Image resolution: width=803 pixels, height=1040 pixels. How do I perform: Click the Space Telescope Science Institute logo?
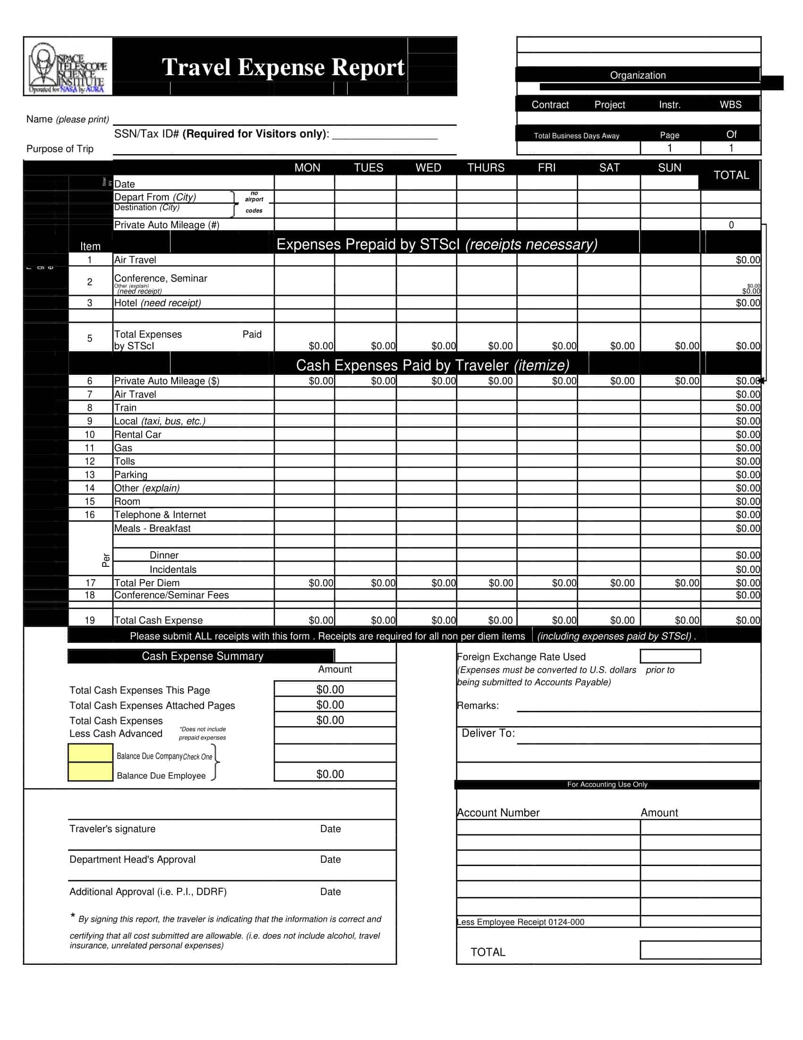(x=68, y=67)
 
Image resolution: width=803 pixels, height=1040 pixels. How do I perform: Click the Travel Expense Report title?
(x=283, y=67)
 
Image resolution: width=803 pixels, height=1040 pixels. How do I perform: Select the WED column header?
(x=428, y=168)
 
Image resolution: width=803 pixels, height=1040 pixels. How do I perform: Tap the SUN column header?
(x=669, y=168)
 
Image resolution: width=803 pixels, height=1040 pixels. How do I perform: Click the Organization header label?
(x=638, y=75)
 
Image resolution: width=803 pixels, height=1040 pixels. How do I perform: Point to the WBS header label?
(x=730, y=105)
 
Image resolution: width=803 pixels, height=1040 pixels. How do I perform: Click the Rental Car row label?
(x=137, y=435)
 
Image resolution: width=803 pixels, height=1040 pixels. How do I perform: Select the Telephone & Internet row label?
(x=160, y=515)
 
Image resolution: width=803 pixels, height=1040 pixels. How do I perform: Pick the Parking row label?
(x=131, y=475)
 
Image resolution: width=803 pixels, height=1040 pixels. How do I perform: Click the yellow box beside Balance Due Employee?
(x=90, y=772)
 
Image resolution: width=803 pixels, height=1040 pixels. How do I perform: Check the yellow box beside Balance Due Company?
(x=90, y=754)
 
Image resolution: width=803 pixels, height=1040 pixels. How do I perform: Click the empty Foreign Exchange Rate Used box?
(x=670, y=656)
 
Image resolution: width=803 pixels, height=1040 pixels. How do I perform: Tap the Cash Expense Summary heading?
(x=202, y=656)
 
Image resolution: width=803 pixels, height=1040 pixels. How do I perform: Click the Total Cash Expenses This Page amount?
(x=330, y=690)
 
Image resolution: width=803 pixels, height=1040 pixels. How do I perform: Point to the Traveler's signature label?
(x=112, y=829)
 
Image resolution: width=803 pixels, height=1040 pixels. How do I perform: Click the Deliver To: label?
(x=488, y=733)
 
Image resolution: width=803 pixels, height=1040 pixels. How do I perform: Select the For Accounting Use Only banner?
(x=607, y=784)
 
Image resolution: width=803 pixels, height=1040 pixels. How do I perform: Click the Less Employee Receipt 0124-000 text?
(x=521, y=922)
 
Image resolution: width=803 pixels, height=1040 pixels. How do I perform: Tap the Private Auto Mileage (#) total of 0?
(x=731, y=225)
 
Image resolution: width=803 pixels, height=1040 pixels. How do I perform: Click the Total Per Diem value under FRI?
(x=564, y=583)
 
